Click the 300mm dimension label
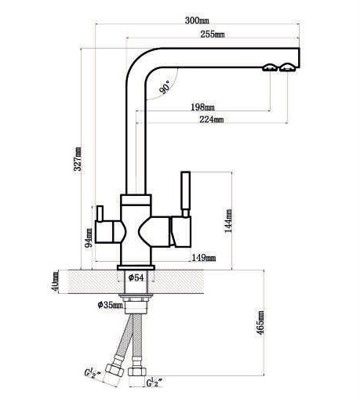pos(197,20)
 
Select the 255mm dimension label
pos(213,34)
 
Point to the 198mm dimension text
pos(202,107)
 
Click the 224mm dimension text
pos(211,119)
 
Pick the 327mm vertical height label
pos(78,159)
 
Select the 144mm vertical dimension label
pos(228,220)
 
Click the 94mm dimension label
pos(89,237)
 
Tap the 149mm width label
pos(204,258)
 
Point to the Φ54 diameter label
pos(136,277)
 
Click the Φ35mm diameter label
pos(110,305)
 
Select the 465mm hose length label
pos(260,323)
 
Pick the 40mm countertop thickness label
pos(55,281)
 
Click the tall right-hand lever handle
pos(186,194)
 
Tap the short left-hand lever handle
pos(100,213)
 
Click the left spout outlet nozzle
pos(270,67)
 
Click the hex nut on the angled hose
pos(115,370)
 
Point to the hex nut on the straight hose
pos(137,372)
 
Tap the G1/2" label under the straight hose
pos(154,382)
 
